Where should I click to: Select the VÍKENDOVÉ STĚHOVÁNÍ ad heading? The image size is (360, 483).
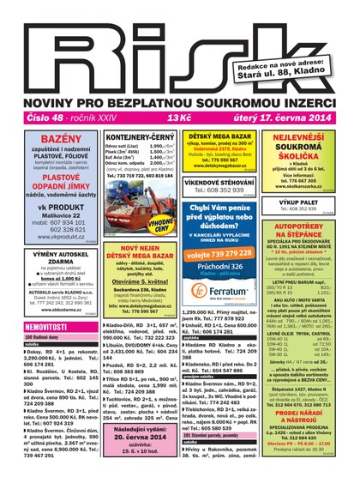click(x=219, y=182)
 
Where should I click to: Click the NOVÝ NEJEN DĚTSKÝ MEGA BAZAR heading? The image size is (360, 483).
click(x=139, y=252)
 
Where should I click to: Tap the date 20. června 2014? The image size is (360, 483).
click(x=139, y=437)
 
